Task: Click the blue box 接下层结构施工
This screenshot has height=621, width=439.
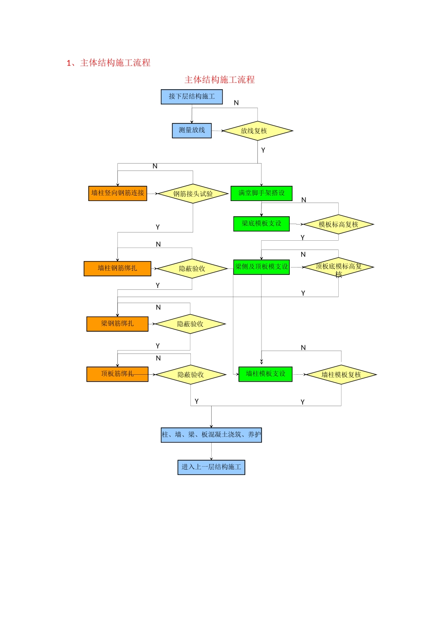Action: click(x=192, y=97)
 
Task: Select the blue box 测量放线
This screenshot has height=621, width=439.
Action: click(x=192, y=130)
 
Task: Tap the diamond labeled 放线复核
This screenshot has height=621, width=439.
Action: click(x=257, y=131)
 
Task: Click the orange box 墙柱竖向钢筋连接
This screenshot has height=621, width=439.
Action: click(x=117, y=193)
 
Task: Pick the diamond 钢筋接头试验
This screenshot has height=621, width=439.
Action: click(x=193, y=194)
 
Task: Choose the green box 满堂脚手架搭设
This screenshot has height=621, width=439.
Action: click(x=262, y=193)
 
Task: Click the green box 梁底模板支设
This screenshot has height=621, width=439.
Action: click(x=262, y=224)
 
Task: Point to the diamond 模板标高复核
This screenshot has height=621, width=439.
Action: click(x=338, y=224)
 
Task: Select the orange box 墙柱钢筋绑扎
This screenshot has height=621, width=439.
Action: click(x=117, y=268)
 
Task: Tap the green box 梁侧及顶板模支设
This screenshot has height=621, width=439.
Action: click(x=262, y=267)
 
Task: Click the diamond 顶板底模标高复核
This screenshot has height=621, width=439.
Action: click(x=338, y=268)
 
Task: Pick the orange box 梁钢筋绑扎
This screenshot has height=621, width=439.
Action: click(x=117, y=323)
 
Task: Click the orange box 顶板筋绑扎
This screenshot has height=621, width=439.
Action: click(x=117, y=374)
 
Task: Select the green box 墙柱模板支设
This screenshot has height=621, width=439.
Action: click(x=265, y=374)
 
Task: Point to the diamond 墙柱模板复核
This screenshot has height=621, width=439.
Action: click(x=341, y=374)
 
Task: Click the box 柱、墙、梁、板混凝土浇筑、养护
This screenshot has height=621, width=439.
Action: click(x=211, y=435)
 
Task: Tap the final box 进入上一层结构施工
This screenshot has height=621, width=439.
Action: click(x=211, y=467)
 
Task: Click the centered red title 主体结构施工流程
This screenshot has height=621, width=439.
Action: click(x=219, y=79)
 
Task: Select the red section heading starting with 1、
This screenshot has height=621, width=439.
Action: click(x=109, y=63)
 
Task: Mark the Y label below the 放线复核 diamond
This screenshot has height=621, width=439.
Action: click(x=263, y=150)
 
